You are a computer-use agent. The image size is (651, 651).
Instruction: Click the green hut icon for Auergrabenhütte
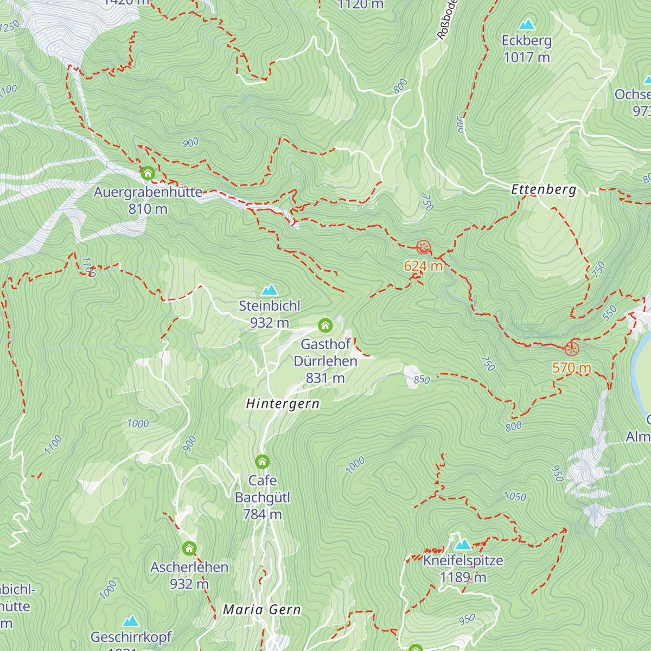pyautogui.click(x=148, y=174)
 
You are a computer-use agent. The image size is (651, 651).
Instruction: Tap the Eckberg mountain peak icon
pyautogui.click(x=526, y=25)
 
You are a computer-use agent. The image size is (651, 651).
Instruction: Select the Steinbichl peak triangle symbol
pyautogui.click(x=270, y=290)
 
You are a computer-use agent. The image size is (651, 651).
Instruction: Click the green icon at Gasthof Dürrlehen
pyautogui.click(x=325, y=325)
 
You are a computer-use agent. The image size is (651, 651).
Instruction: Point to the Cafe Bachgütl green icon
pyautogui.click(x=262, y=462)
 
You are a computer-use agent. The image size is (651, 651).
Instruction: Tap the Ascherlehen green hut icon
pyautogui.click(x=189, y=548)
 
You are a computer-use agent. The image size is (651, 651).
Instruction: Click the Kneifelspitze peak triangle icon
pyautogui.click(x=463, y=544)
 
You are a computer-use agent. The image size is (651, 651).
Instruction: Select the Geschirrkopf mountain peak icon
pyautogui.click(x=131, y=621)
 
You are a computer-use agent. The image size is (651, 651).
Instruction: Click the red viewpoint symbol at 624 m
pyautogui.click(x=423, y=248)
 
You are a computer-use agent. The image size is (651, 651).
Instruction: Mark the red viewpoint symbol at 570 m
pyautogui.click(x=572, y=349)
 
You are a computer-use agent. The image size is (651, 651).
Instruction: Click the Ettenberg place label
pyautogui.click(x=544, y=189)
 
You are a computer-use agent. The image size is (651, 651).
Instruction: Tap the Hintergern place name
pyautogui.click(x=283, y=404)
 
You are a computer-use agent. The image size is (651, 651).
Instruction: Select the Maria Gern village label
pyautogui.click(x=262, y=610)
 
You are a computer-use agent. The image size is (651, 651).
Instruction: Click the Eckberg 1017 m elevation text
pyautogui.click(x=526, y=57)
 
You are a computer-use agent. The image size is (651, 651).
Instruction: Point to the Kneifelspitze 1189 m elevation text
pyautogui.click(x=463, y=577)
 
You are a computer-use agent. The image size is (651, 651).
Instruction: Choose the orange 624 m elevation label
pyautogui.click(x=423, y=266)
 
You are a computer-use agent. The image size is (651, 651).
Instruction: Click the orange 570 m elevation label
pyautogui.click(x=572, y=368)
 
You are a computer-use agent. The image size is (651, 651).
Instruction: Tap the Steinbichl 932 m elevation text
pyautogui.click(x=270, y=323)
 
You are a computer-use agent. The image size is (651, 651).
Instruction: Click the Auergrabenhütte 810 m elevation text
pyautogui.click(x=148, y=209)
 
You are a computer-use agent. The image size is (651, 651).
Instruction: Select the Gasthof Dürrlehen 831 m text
pyautogui.click(x=325, y=378)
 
